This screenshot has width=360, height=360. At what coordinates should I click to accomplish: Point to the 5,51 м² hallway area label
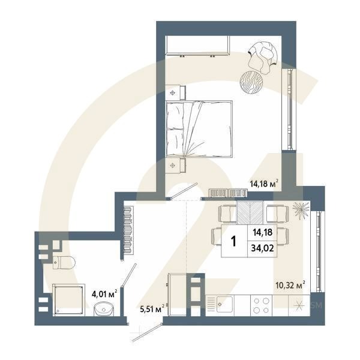click(151, 309)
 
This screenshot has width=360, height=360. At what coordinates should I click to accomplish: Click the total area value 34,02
click(261, 246)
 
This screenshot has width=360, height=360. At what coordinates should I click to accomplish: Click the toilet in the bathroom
click(62, 262)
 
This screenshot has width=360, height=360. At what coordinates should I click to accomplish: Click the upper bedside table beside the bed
click(175, 92)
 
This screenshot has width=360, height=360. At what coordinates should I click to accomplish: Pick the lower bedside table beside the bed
click(175, 164)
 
